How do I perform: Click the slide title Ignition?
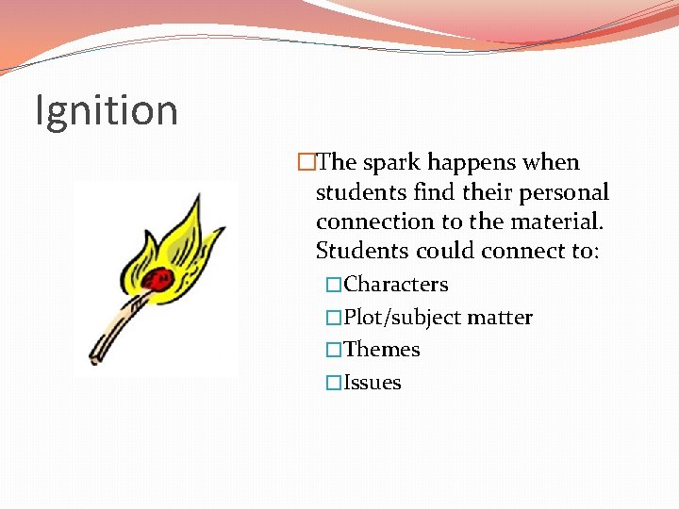[x=106, y=110]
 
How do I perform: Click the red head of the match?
[x=161, y=278]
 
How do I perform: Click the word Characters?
[x=396, y=285]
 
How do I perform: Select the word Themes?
[x=382, y=350]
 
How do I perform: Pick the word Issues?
[x=373, y=383]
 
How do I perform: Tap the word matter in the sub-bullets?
[x=501, y=318]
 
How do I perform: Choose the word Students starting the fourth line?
[x=359, y=252]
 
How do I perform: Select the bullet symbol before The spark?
[x=305, y=163]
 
